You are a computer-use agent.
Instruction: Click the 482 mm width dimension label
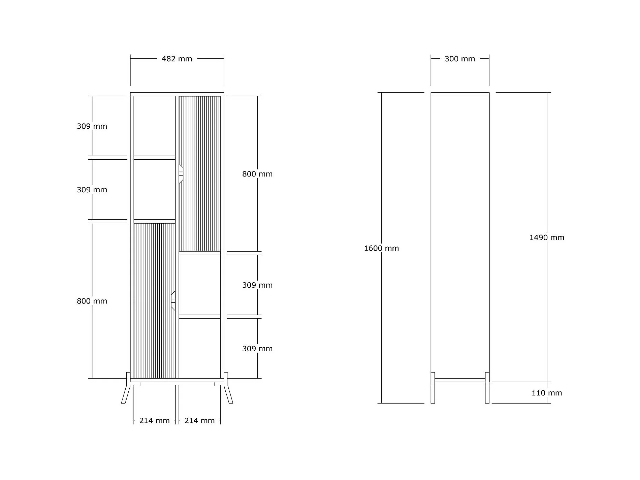(x=177, y=59)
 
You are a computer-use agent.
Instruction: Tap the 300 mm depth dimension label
(x=460, y=59)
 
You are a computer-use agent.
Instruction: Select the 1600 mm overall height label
(x=381, y=248)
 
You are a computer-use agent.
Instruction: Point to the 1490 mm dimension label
(x=547, y=237)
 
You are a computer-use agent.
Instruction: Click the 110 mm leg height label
(x=547, y=393)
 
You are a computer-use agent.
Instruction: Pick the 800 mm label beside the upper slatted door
(x=257, y=174)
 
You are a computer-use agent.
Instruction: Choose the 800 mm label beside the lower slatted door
(x=92, y=301)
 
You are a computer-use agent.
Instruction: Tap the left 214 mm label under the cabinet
(x=154, y=420)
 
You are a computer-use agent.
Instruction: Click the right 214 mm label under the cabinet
(x=199, y=420)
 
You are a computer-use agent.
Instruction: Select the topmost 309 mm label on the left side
(x=92, y=126)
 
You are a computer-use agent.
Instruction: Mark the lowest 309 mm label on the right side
(x=257, y=349)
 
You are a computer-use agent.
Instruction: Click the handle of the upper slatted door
(x=181, y=174)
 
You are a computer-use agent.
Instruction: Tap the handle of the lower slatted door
(x=173, y=301)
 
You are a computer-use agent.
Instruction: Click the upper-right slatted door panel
(x=200, y=173)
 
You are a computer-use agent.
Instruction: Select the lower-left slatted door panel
(x=155, y=300)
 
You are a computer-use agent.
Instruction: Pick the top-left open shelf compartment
(x=155, y=126)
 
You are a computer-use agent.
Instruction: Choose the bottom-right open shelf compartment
(x=200, y=348)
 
